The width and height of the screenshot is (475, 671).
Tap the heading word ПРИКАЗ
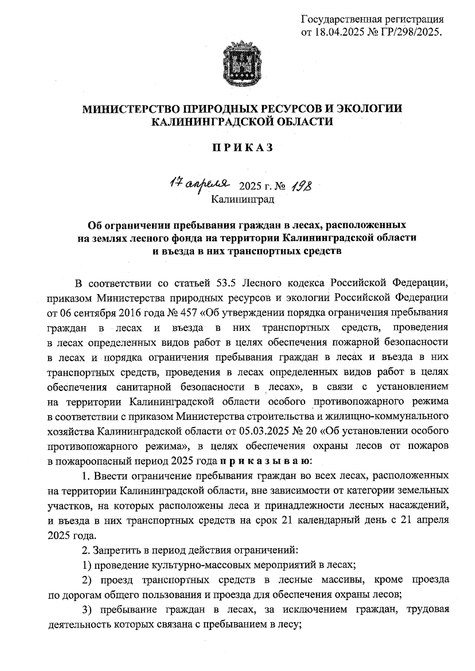click(243, 148)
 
